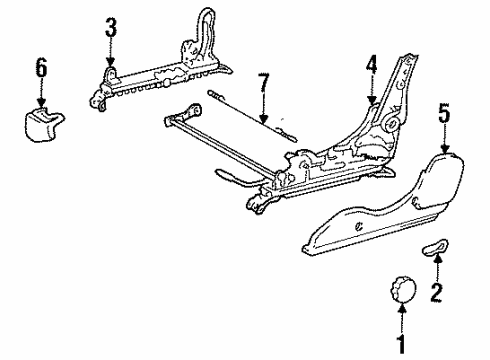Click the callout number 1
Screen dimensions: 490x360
(x=402, y=344)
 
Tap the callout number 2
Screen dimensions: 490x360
(x=437, y=293)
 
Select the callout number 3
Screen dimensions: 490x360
(x=111, y=27)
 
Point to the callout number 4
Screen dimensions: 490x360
(x=371, y=64)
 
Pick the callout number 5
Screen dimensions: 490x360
(x=445, y=113)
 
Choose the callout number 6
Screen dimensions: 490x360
(x=41, y=67)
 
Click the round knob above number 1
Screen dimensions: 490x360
(x=402, y=289)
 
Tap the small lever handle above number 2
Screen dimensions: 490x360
(x=435, y=248)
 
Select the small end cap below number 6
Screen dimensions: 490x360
(x=43, y=124)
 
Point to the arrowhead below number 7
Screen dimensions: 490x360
(x=263, y=119)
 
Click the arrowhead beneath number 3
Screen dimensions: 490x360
(x=110, y=62)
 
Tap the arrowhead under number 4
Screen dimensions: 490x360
(x=371, y=100)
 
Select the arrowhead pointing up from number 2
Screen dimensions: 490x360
(x=437, y=258)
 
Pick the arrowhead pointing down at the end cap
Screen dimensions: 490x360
(x=41, y=103)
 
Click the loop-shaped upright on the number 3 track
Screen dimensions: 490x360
(x=204, y=33)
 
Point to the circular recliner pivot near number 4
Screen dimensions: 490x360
(x=392, y=124)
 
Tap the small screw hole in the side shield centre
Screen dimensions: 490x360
(x=359, y=227)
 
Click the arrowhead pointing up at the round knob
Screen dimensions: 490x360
(x=402, y=308)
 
